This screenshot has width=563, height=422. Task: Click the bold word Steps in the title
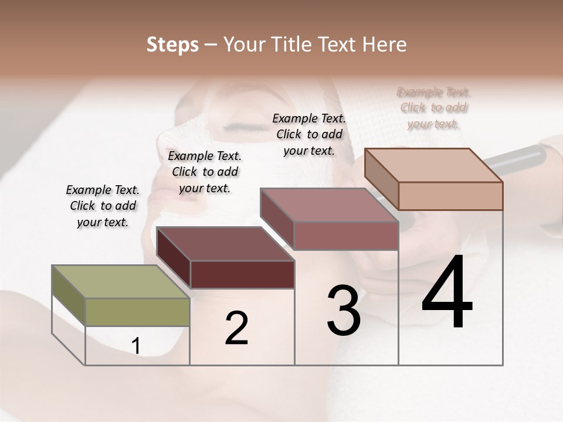click(x=172, y=45)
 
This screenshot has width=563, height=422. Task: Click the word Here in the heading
click(x=383, y=45)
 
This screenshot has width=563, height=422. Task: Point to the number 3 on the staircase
click(x=344, y=311)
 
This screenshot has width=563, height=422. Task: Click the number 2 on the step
click(x=236, y=328)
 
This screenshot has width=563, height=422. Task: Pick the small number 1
click(x=136, y=346)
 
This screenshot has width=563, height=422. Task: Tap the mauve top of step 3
click(x=329, y=205)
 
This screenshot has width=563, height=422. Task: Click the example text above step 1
click(x=103, y=206)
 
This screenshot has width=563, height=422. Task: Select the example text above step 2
click(x=205, y=172)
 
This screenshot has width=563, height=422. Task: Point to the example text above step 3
click(x=309, y=134)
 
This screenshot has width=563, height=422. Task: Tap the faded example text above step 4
click(x=434, y=108)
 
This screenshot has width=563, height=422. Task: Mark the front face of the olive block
click(x=138, y=312)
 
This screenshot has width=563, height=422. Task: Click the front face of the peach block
click(x=450, y=196)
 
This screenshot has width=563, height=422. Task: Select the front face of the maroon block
click(x=242, y=274)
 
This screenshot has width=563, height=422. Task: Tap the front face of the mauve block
click(x=346, y=236)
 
